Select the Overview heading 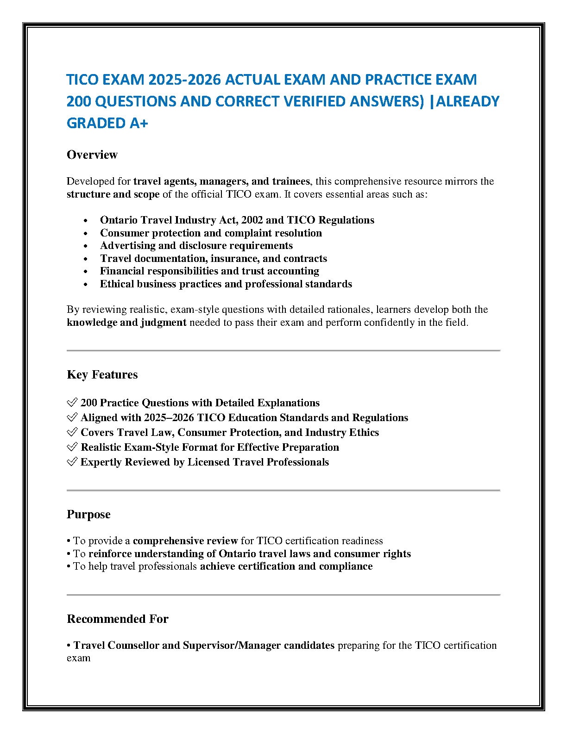click(92, 155)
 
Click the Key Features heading click(102, 374)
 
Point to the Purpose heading click(88, 514)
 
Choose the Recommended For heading click(118, 619)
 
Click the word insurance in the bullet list click(232, 258)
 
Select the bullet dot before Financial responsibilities click(86, 272)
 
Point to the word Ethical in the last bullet click(116, 284)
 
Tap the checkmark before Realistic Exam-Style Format click(72, 447)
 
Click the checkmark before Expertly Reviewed click(72, 462)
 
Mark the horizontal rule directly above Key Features click(283, 351)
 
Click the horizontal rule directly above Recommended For click(283, 595)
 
